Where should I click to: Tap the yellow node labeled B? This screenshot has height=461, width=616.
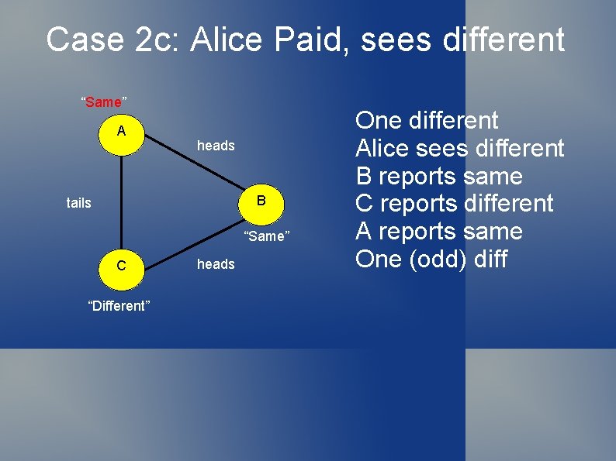tap(261, 202)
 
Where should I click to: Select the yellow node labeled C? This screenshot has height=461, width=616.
tap(122, 267)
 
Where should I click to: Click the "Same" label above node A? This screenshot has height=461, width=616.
tap(104, 101)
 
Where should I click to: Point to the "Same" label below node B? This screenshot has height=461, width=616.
tap(267, 236)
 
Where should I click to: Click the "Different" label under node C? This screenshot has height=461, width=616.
tap(119, 305)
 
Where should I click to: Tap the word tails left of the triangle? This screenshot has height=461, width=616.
tap(78, 203)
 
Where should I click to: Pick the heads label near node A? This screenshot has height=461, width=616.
tap(216, 146)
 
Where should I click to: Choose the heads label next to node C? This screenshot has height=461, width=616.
tap(216, 264)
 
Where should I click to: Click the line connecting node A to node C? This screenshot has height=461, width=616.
tap(122, 202)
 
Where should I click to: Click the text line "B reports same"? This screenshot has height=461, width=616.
tap(439, 176)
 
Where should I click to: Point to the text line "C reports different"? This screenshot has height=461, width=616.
tap(454, 204)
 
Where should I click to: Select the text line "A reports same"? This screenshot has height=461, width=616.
tap(439, 231)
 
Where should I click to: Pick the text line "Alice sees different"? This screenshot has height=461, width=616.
tap(459, 148)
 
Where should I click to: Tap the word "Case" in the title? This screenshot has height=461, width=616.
tap(85, 40)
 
